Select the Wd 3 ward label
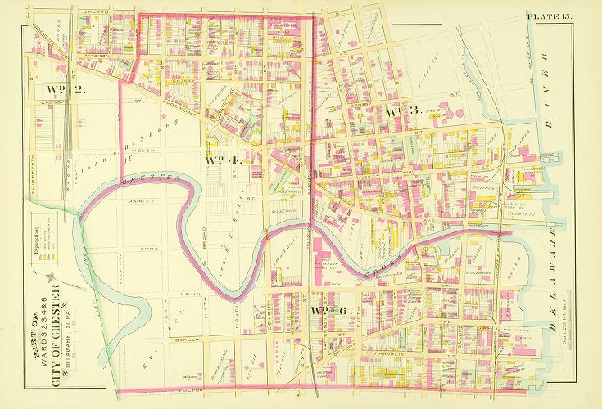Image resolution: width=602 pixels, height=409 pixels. [x=402, y=111]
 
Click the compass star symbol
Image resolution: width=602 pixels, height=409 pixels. [x=52, y=279]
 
